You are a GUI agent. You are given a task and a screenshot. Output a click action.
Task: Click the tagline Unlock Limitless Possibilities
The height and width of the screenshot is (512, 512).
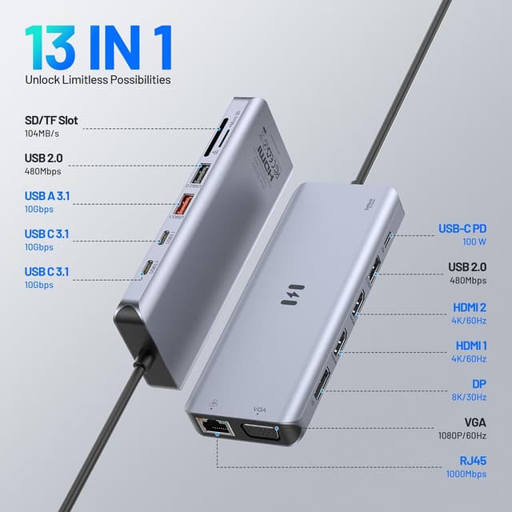pyautogui.click(x=97, y=80)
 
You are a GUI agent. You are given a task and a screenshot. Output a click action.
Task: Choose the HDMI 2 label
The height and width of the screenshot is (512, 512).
pyautogui.click(x=470, y=306)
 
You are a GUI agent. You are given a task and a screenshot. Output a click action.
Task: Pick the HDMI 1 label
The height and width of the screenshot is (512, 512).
pyautogui.click(x=470, y=345)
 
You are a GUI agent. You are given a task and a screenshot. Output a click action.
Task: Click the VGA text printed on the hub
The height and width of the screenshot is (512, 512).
pyautogui.click(x=259, y=408)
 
